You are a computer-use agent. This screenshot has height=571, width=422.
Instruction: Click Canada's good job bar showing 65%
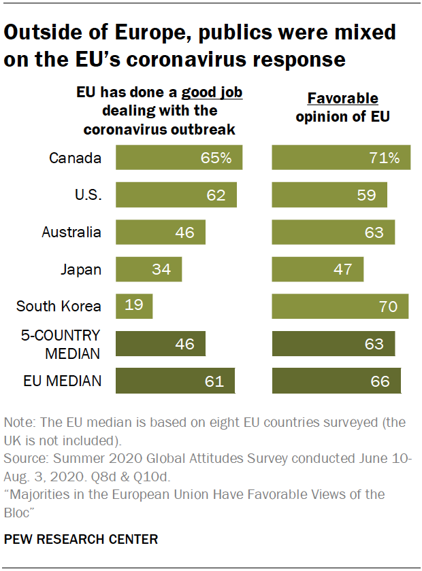click(179, 158)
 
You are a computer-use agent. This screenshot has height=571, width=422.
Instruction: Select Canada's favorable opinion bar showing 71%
click(341, 158)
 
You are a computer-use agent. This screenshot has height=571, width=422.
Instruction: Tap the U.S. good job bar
click(176, 195)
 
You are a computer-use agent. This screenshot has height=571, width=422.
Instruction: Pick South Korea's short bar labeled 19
click(134, 306)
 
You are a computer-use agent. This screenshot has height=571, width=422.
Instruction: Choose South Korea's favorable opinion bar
click(340, 306)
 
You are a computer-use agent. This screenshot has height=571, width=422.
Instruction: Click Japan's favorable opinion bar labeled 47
click(318, 269)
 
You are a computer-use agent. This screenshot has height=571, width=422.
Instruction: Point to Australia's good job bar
click(161, 232)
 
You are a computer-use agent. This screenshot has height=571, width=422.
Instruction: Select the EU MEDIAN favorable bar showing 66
click(336, 381)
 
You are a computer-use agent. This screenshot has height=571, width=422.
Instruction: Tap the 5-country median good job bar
click(161, 343)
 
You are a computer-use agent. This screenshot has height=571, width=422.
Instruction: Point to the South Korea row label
click(59, 306)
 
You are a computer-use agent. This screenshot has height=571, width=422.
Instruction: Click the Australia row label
click(71, 232)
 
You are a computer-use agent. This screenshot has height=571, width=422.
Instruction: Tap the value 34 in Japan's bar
click(162, 269)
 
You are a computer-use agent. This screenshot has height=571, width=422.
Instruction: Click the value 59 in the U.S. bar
click(366, 195)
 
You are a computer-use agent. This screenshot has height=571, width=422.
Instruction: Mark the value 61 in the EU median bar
click(214, 381)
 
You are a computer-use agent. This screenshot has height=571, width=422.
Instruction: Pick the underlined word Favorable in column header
click(342, 99)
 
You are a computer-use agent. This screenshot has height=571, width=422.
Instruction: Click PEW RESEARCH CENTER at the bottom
click(81, 540)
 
